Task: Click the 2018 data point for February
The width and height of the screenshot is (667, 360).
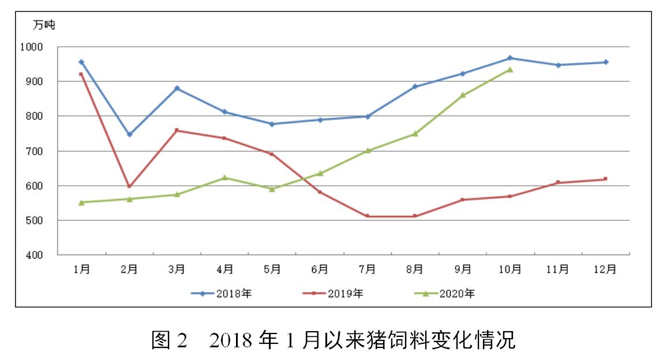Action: [x=129, y=134]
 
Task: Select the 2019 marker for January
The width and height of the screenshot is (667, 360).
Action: [x=81, y=74]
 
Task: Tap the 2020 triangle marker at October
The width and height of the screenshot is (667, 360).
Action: [x=510, y=69]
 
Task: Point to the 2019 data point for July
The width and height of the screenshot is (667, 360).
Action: [x=367, y=216]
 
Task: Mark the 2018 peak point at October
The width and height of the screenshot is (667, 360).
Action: [x=510, y=58]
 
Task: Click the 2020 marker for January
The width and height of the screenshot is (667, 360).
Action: [x=81, y=202]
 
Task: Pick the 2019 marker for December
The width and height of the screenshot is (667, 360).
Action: [x=605, y=179]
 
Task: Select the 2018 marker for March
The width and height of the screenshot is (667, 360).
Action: [x=177, y=88]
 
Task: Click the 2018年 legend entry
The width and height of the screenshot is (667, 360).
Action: [x=222, y=294]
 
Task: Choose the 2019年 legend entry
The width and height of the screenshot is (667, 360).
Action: [x=333, y=294]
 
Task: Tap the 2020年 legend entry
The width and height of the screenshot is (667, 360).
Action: [x=444, y=294]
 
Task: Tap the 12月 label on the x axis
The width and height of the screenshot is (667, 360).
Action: [x=605, y=269]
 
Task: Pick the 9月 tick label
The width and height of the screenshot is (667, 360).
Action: [x=462, y=269]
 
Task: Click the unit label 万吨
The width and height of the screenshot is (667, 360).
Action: [x=44, y=25]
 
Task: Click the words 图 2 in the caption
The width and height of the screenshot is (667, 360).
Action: [x=170, y=340]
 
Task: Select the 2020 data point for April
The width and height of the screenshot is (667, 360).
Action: [x=224, y=178]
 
